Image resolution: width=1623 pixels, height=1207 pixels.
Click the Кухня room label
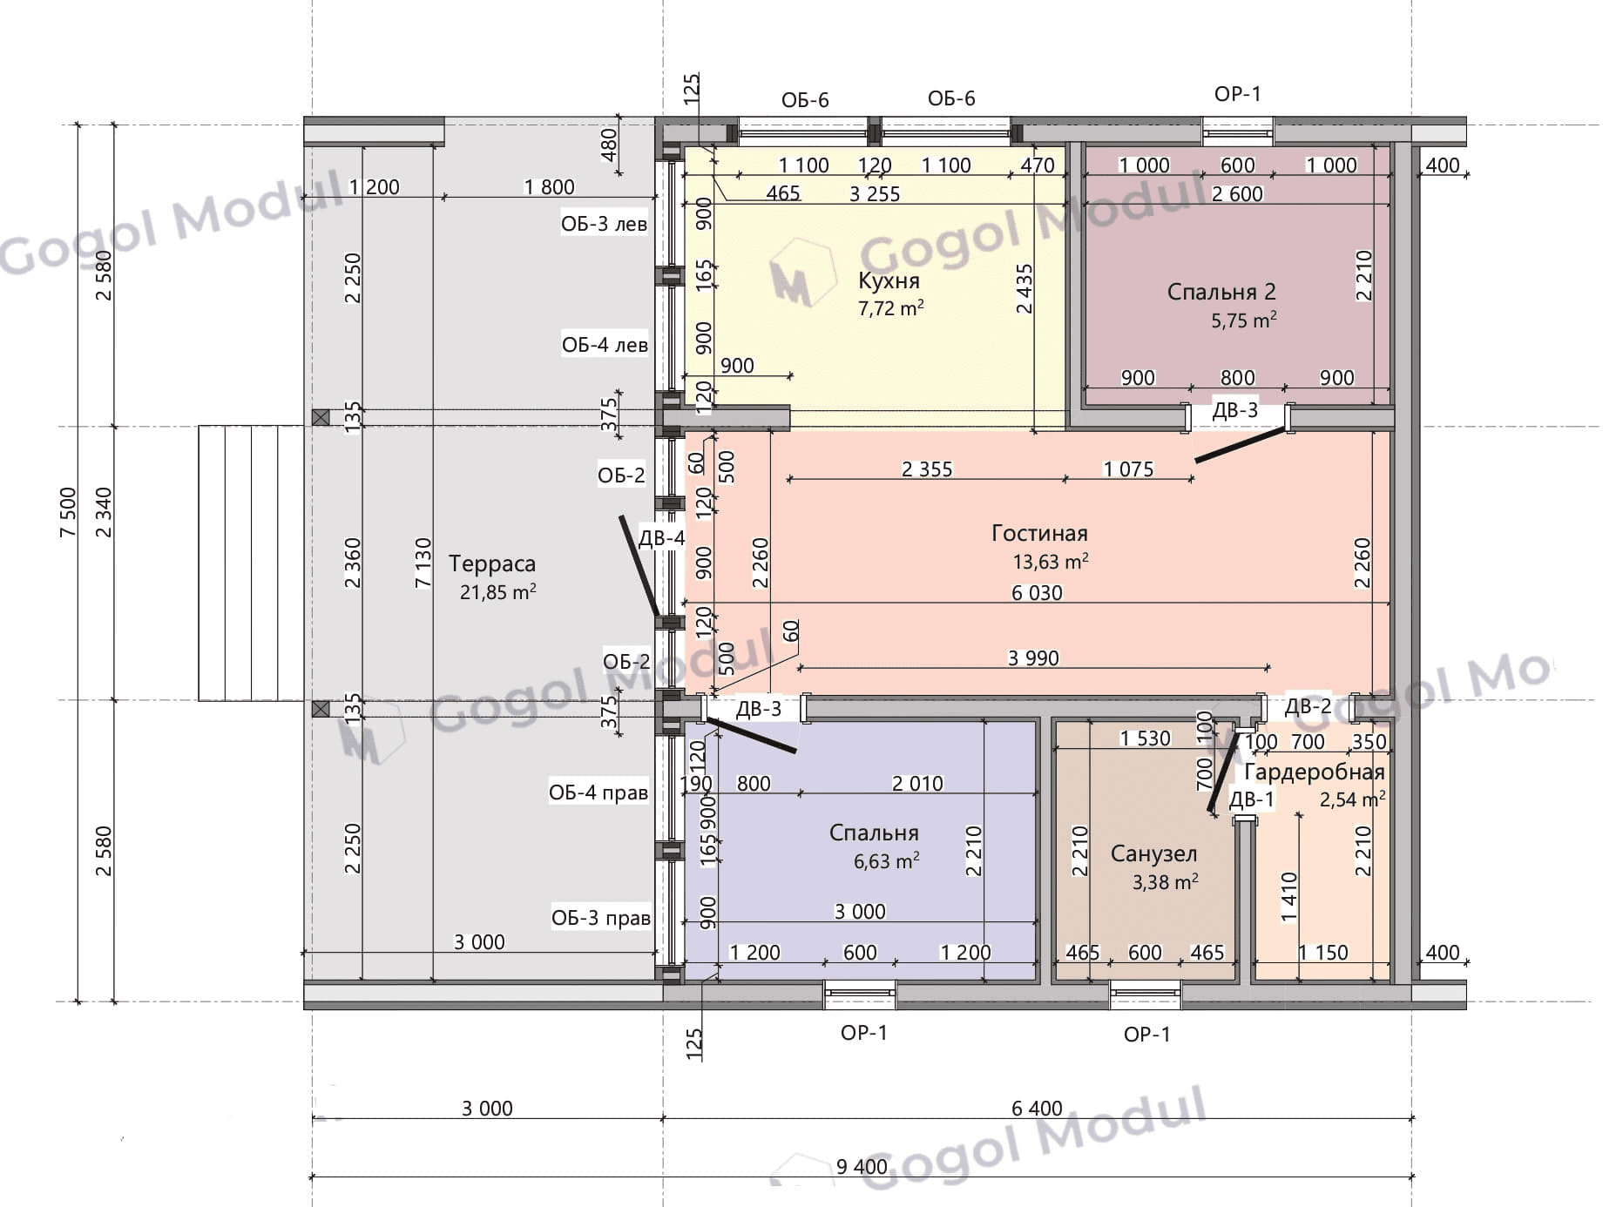(x=889, y=280)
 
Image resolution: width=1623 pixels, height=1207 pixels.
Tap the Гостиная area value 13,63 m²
(x=1051, y=561)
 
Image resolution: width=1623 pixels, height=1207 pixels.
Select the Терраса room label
(x=492, y=564)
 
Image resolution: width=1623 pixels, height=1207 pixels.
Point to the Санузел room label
(x=1153, y=853)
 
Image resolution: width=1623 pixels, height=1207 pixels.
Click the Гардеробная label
(x=1315, y=772)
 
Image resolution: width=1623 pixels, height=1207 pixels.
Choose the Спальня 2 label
(x=1221, y=292)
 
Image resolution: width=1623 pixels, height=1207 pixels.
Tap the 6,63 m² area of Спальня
(x=887, y=861)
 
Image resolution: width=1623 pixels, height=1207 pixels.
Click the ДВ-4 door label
(x=662, y=537)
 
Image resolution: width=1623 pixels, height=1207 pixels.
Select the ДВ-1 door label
(x=1252, y=799)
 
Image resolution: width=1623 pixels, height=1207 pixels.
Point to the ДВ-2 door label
(x=1309, y=706)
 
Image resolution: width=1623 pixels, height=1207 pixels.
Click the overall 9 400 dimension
(x=862, y=1166)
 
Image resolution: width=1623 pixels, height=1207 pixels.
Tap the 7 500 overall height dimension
(x=68, y=512)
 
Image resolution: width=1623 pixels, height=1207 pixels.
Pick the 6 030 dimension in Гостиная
(x=1037, y=593)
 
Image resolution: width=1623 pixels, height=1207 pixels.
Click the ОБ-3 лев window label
(x=604, y=224)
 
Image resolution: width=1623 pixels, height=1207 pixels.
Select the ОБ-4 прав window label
(x=598, y=792)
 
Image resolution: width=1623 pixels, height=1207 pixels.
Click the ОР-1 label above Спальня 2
(x=1238, y=94)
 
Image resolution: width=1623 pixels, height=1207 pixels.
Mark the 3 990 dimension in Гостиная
(x=1033, y=658)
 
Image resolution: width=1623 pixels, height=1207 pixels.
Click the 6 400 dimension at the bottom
(x=1037, y=1108)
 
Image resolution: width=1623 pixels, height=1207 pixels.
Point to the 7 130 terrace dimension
(x=423, y=563)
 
